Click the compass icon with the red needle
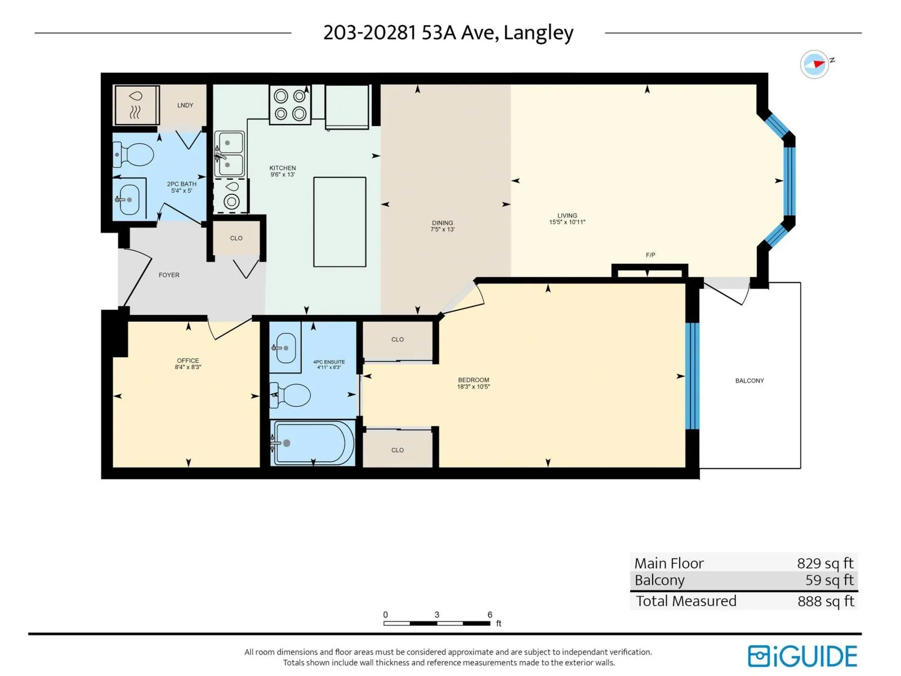814,64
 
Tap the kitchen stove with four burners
290,104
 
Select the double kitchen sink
229,154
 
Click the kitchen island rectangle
340,222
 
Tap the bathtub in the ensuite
312,443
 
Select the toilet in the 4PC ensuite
290,395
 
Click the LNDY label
185,105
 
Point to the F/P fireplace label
650,255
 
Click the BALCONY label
749,381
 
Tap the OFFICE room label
188,361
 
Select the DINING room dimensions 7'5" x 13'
442,229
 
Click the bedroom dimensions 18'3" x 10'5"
473,386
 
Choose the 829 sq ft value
825,563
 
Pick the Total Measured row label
686,601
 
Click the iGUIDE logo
802,656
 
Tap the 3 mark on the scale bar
437,615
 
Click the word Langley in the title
538,33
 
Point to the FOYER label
169,275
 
